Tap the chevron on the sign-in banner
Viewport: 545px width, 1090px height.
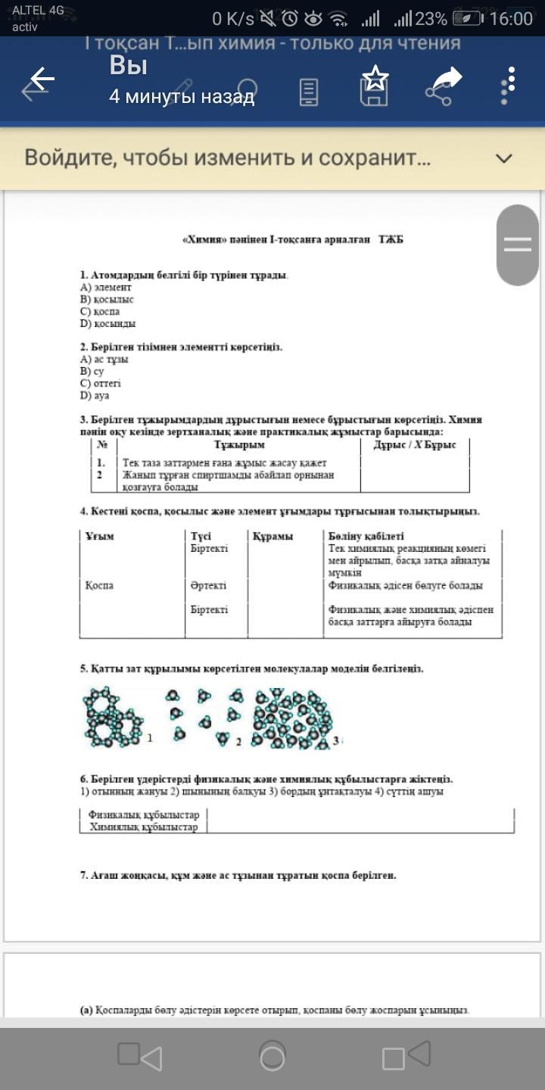[503, 158]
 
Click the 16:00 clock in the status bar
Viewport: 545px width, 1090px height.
[511, 19]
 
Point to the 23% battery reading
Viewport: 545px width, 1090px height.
[431, 19]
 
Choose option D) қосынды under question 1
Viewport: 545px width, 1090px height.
[108, 323]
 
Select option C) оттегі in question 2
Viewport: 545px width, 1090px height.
[101, 384]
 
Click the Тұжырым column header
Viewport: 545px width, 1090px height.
[239, 445]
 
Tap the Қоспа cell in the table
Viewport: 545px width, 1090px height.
[99, 586]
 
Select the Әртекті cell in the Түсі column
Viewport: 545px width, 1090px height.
[208, 586]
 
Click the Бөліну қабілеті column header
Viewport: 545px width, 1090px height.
[366, 536]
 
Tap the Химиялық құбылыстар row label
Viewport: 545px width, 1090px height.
[143, 827]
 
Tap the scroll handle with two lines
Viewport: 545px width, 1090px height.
[518, 244]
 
